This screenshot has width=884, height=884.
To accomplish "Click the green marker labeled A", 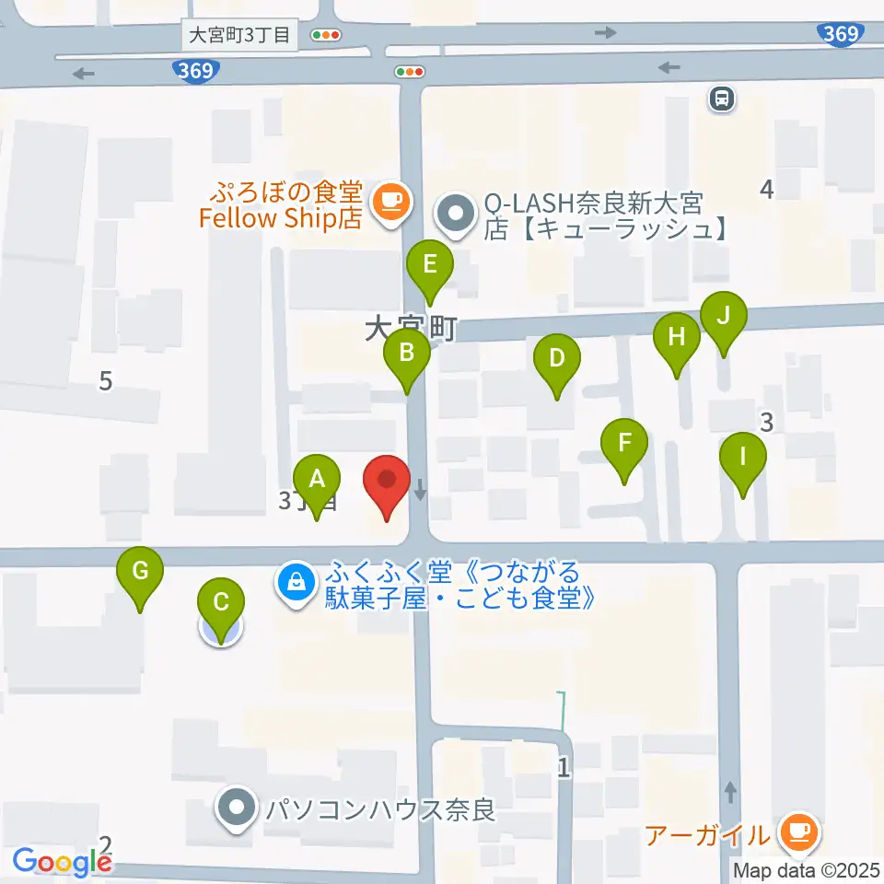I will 317,480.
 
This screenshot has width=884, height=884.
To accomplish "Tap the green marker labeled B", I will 407,352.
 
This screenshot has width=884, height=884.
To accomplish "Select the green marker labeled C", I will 221,604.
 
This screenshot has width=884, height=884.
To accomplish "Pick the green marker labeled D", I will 556,357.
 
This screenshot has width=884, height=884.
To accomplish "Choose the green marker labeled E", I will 429,265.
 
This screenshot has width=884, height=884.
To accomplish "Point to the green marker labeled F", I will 625,443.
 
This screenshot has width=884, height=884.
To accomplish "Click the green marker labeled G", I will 140,571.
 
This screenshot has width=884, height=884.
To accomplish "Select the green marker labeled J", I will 724,316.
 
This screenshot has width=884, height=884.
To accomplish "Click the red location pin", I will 388,481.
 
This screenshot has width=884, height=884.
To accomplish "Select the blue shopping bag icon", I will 296,582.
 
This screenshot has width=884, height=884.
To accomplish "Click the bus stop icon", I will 722,98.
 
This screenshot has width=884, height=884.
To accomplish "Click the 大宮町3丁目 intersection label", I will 238,35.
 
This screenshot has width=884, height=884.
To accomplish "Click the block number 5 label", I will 106,379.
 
